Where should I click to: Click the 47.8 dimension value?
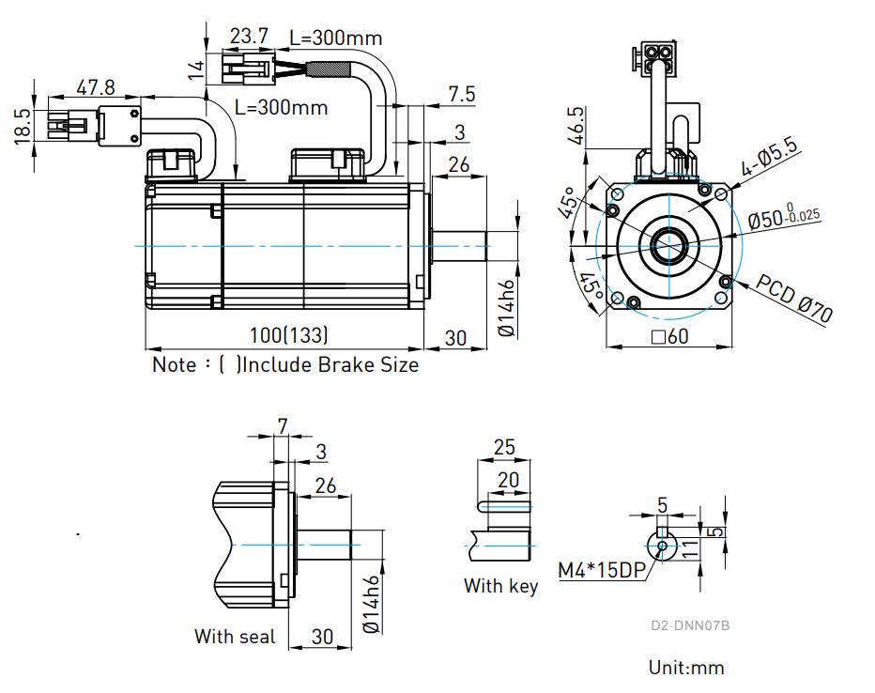coord(96,87)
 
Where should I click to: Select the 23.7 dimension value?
coord(249,37)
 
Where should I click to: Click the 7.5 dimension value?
coord(462,94)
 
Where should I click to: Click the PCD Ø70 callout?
coord(794,299)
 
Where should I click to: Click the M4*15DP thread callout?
coord(599,569)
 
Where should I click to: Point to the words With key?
coord(500,586)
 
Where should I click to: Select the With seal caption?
coord(235,637)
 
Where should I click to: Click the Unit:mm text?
coord(686,668)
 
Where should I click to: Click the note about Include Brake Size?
coord(285,364)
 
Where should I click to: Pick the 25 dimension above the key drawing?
coord(504,447)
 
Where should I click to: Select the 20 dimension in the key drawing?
coord(508,480)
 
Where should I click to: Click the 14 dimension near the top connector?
coord(195,69)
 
